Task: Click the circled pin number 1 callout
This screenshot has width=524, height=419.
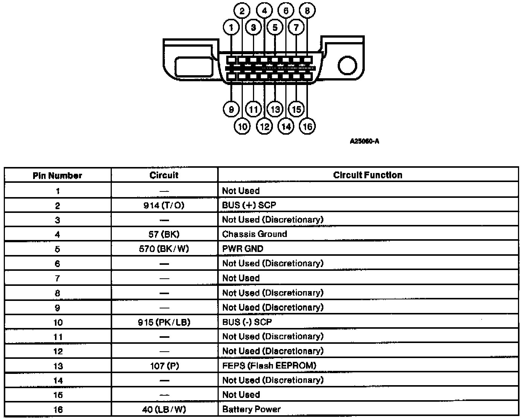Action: (x=231, y=27)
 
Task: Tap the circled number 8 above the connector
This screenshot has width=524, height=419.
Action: (x=307, y=11)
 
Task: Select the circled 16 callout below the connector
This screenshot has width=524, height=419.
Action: (x=307, y=126)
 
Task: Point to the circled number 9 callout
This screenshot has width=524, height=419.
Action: (x=231, y=109)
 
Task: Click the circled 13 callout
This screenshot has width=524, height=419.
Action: (x=275, y=109)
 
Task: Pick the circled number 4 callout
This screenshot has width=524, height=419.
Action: (x=264, y=11)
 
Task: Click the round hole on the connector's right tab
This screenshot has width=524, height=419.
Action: (x=347, y=65)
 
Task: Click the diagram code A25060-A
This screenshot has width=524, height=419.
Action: (x=364, y=141)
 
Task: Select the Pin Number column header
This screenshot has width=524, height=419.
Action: (x=58, y=176)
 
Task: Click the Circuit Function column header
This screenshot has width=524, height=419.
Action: (x=367, y=175)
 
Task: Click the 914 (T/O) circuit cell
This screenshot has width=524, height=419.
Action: (x=164, y=205)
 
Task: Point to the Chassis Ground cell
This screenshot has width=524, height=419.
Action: (x=254, y=234)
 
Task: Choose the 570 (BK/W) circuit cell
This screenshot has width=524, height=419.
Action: (x=164, y=249)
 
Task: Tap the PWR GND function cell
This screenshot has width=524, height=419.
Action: (x=243, y=249)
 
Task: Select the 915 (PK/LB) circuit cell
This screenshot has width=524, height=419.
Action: (x=164, y=322)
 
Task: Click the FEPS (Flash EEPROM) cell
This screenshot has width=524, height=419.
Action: (x=269, y=366)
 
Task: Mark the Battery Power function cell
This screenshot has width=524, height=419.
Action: (x=251, y=409)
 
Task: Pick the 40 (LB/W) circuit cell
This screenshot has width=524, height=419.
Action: (x=164, y=409)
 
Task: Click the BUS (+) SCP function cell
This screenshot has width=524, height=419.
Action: (x=249, y=205)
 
